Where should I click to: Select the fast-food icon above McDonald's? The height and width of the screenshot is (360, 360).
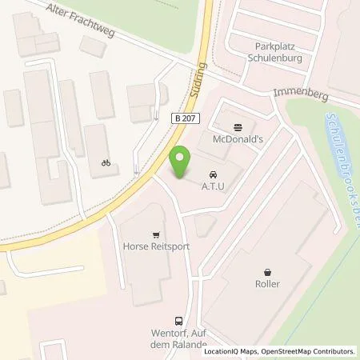click(238, 126)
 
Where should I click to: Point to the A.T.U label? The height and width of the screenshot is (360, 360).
click(213, 187)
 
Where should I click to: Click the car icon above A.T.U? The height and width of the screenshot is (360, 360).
click(213, 174)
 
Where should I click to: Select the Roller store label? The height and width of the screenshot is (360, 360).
click(268, 284)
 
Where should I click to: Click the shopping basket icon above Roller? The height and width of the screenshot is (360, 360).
click(268, 270)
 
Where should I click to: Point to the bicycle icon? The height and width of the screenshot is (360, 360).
click(106, 162)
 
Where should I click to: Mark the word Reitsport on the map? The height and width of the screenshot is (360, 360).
click(172, 247)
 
